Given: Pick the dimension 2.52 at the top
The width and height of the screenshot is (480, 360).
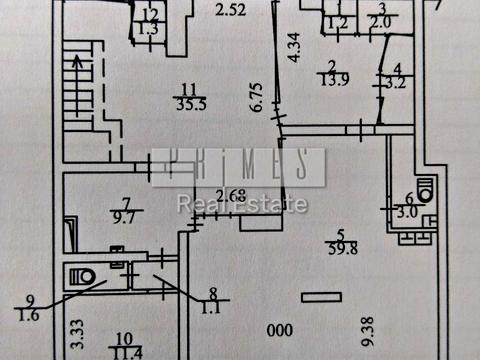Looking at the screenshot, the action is click(x=231, y=11).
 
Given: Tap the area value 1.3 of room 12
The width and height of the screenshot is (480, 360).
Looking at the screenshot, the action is click(x=147, y=28).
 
